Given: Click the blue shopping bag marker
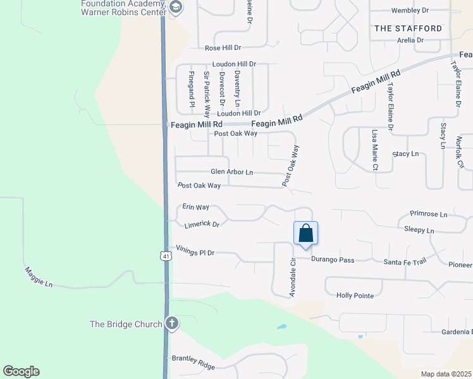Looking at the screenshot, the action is (305, 233).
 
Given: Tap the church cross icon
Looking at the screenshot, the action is (171, 324).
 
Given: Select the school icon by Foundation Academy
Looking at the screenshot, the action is (176, 8).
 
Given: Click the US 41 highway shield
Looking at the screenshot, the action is (165, 255).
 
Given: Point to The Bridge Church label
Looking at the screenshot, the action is (126, 324).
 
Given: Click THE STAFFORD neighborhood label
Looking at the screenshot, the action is (408, 28).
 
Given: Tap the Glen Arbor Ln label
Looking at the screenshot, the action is (231, 172).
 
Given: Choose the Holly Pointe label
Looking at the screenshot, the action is (355, 295).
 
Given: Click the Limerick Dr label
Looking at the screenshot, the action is (202, 224).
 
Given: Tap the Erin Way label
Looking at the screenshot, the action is (195, 207).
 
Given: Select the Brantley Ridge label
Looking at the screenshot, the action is (193, 362).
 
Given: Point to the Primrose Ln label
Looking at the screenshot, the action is (428, 214).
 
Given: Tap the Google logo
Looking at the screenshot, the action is (21, 371).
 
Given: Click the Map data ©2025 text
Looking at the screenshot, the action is (445, 374).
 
